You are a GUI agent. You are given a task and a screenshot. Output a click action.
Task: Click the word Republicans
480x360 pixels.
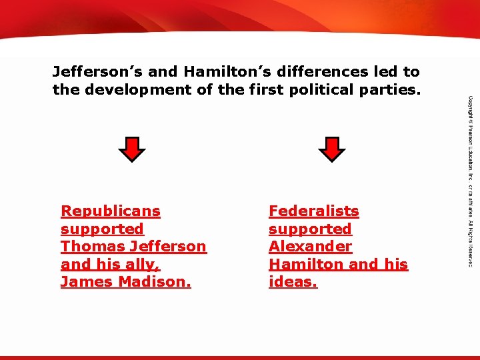click(111, 211)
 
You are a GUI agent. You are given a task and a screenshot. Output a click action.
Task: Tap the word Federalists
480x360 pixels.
click(313, 211)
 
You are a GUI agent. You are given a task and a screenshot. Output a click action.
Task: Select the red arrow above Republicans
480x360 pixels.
click(136, 149)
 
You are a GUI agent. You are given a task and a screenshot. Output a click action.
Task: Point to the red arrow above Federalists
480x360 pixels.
click(331, 149)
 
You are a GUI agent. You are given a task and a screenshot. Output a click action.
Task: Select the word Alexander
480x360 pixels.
click(310, 247)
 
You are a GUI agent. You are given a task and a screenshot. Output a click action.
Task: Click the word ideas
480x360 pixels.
click(293, 282)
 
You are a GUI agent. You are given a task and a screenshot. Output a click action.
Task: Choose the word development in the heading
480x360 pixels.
click(135, 89)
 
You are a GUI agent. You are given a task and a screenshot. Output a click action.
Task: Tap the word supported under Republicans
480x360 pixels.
click(102, 229)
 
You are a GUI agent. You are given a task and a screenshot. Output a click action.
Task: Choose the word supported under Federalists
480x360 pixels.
click(310, 229)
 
